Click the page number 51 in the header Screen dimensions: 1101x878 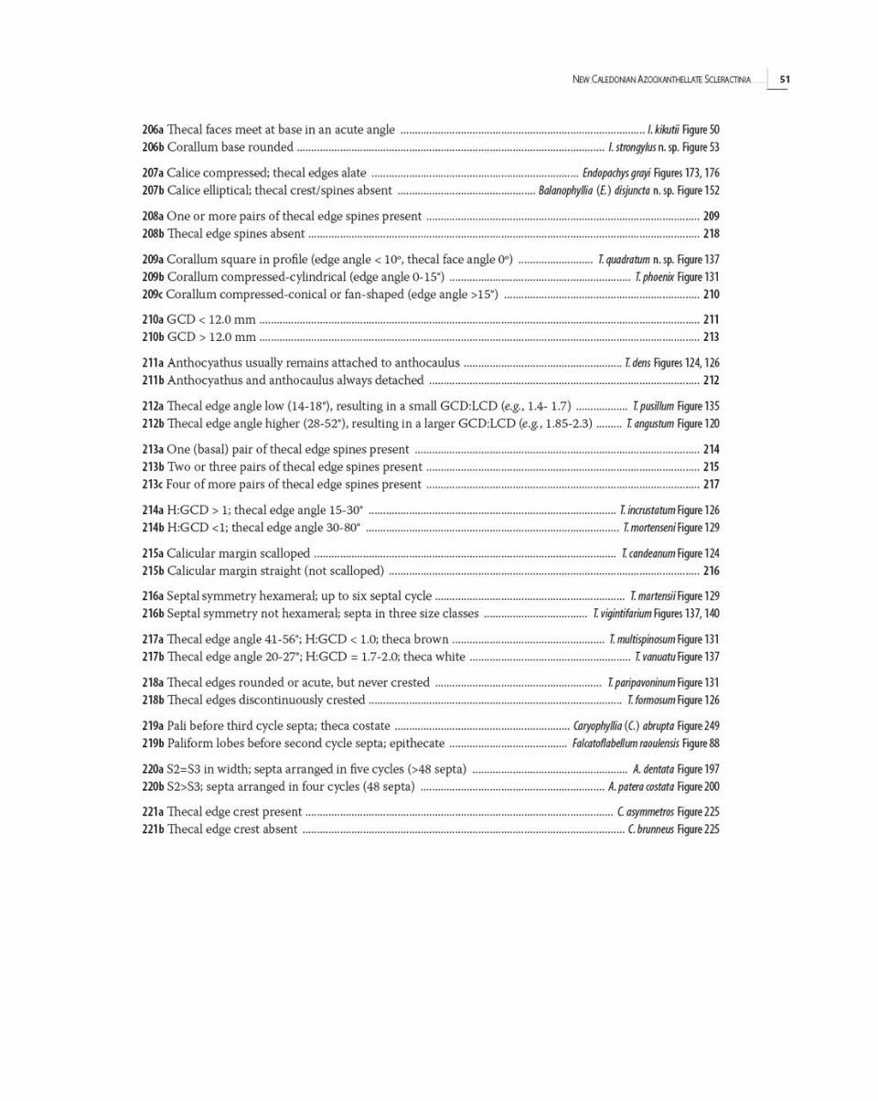click(785, 80)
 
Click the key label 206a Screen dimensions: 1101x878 click(153, 130)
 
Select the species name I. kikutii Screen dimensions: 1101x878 click(663, 130)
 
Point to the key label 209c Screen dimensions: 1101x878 click(153, 294)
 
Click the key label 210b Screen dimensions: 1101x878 click(153, 337)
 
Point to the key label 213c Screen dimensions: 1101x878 click(153, 485)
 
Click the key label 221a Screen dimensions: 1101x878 click(153, 812)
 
